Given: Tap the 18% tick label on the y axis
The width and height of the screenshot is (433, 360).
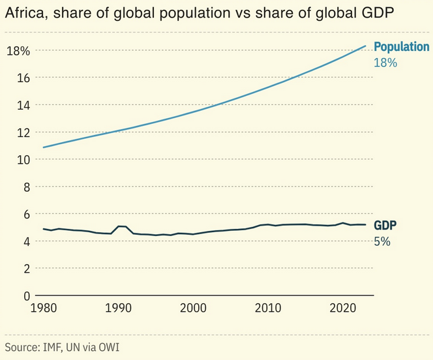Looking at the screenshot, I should pyautogui.click(x=18, y=51).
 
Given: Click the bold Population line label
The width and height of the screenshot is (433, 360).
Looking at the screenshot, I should pyautogui.click(x=401, y=47).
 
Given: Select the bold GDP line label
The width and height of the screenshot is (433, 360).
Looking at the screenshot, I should pyautogui.click(x=385, y=226).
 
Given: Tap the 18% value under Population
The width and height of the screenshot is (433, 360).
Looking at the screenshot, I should pyautogui.click(x=385, y=63).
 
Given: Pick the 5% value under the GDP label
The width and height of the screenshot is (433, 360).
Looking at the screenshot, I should pyautogui.click(x=382, y=241).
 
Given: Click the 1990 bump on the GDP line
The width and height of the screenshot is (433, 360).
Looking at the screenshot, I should pyautogui.click(x=121, y=226).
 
